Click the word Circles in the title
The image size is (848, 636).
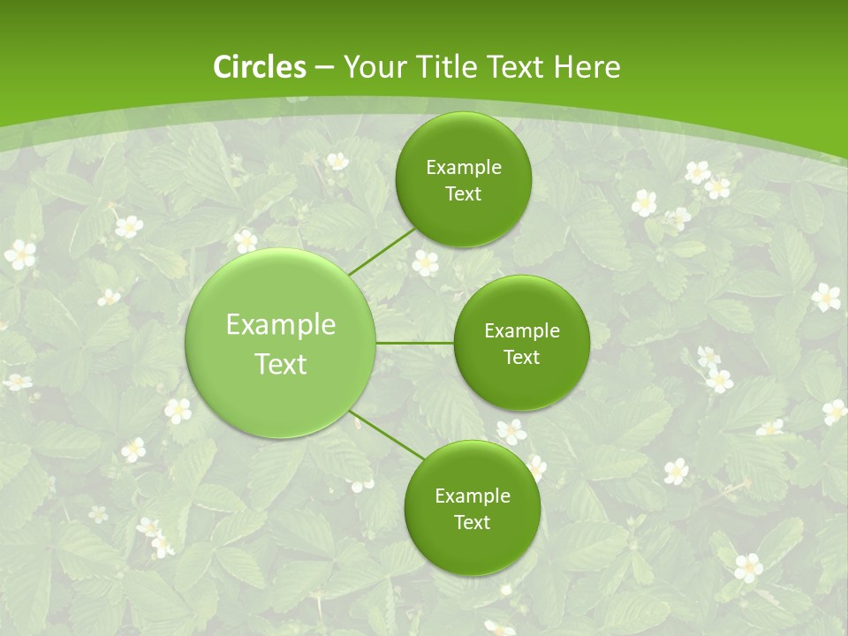[x=259, y=67]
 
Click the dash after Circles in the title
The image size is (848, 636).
[x=323, y=68]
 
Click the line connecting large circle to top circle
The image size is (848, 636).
[x=381, y=251]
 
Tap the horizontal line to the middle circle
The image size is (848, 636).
[x=415, y=343]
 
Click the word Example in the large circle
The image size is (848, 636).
[x=281, y=325]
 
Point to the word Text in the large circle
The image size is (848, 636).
[x=281, y=364]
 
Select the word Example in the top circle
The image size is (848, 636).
[x=464, y=168]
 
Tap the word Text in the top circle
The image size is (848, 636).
[x=463, y=194]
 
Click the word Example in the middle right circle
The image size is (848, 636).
[x=522, y=331]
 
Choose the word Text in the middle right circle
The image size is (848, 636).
[x=521, y=358]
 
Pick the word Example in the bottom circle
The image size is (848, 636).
[x=473, y=496]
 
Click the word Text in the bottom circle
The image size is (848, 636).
[x=472, y=523]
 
